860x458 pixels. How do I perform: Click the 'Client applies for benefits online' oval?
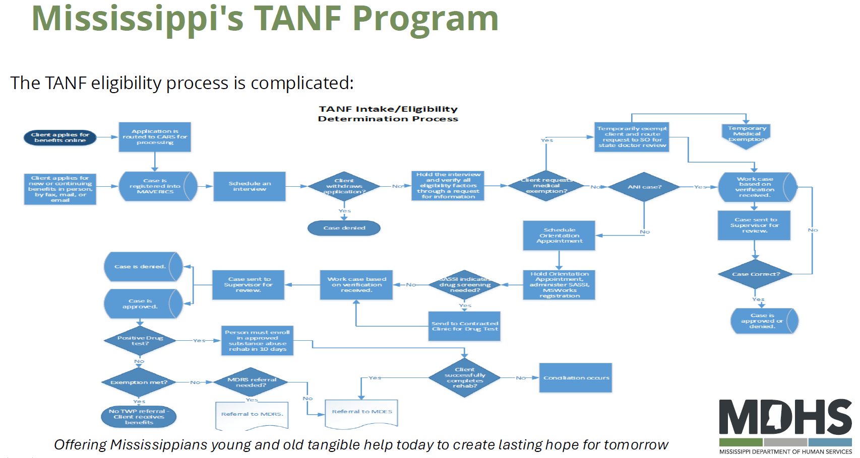coord(60,137)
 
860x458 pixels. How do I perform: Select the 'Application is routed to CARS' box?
coord(155,137)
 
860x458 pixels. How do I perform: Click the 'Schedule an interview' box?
coord(250,186)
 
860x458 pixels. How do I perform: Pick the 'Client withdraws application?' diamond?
coord(344,186)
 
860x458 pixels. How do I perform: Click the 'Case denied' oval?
coord(344,228)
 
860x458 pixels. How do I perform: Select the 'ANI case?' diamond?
coord(644,187)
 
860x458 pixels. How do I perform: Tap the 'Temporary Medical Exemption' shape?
coord(747,135)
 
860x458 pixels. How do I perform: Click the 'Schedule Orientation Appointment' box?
coord(559,236)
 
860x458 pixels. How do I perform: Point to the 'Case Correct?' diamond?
coord(755,274)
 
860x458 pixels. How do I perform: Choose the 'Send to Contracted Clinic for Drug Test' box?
coord(464,327)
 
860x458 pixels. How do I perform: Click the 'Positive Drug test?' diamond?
coord(140,341)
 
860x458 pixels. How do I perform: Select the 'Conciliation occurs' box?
coord(576,378)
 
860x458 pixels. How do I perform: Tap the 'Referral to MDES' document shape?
coord(361,413)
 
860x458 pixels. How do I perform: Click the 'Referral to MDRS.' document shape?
coord(252,414)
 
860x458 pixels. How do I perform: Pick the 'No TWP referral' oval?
coord(139,417)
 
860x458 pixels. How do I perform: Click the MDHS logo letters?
coord(785,417)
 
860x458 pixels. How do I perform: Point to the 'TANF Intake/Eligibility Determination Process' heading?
coord(388,114)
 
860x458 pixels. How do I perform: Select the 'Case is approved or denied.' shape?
coord(762,321)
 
